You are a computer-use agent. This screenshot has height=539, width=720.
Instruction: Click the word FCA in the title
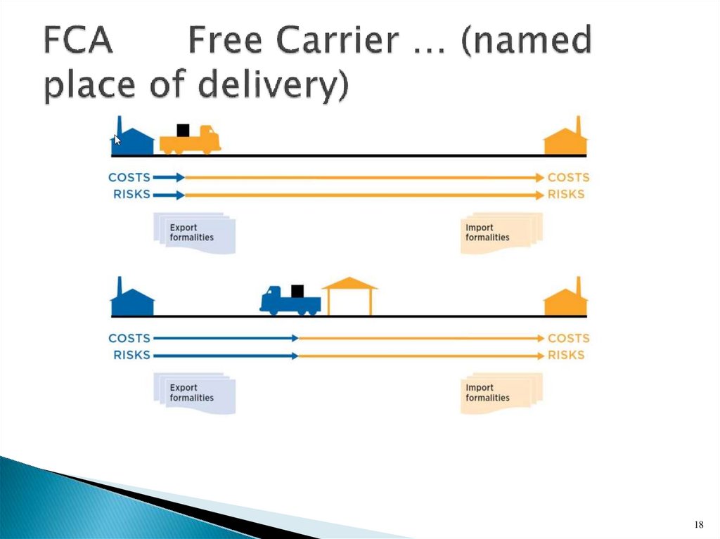pyautogui.click(x=78, y=41)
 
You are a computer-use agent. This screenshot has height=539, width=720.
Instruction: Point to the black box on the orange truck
pyautogui.click(x=184, y=130)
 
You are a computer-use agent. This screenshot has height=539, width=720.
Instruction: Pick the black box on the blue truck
pyautogui.click(x=297, y=290)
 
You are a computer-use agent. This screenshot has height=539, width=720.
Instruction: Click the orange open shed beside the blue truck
pyautogui.click(x=349, y=296)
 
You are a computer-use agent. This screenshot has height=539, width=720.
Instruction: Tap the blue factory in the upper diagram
pyautogui.click(x=134, y=140)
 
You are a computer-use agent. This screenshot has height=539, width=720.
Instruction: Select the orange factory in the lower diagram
pyautogui.click(x=566, y=300)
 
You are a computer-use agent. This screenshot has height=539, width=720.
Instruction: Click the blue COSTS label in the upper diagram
pyautogui.click(x=129, y=178)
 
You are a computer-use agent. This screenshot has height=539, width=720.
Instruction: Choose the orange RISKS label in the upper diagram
pyautogui.click(x=566, y=194)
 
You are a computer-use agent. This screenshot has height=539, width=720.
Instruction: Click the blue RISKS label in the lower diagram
pyautogui.click(x=131, y=355)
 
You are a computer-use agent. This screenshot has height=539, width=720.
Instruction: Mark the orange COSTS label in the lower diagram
pyautogui.click(x=568, y=338)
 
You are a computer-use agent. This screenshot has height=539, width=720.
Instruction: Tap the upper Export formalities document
pyautogui.click(x=194, y=233)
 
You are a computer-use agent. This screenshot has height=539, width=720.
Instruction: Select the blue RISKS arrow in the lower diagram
pyautogui.click(x=225, y=356)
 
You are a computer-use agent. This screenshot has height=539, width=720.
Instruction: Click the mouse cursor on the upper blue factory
pyautogui.click(x=117, y=139)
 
